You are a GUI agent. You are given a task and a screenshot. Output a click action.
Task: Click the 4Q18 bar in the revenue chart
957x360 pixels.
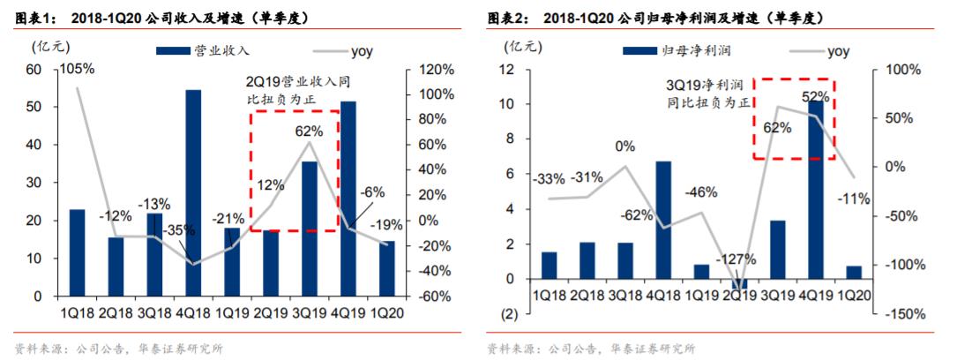pos(193,194)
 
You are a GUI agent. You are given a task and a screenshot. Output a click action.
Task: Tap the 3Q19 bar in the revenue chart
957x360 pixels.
pos(310,230)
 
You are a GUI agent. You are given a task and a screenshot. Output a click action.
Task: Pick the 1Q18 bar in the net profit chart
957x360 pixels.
pos(550,266)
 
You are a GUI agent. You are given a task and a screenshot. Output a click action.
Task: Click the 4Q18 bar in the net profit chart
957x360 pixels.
pos(663,220)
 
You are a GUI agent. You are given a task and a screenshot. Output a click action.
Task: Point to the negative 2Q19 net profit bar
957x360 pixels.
pos(739,284)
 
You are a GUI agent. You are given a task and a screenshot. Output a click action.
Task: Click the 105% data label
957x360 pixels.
pos(77,67)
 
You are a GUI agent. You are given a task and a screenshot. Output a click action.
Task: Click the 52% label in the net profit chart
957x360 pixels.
pos(814,97)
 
